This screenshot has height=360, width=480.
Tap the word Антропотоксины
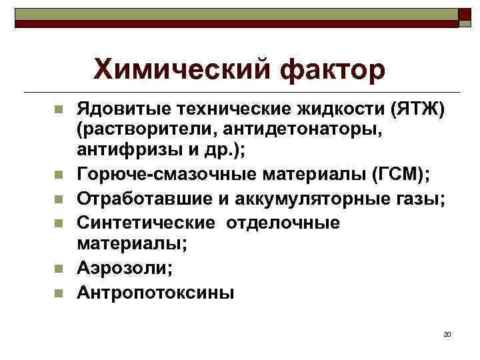pyautogui.click(x=156, y=292)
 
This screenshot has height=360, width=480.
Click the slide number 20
pyautogui.click(x=447, y=334)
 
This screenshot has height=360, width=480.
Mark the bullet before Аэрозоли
pyautogui.click(x=59, y=268)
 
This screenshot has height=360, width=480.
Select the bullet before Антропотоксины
pyautogui.click(x=59, y=292)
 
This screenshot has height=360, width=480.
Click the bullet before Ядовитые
pyautogui.click(x=59, y=109)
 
